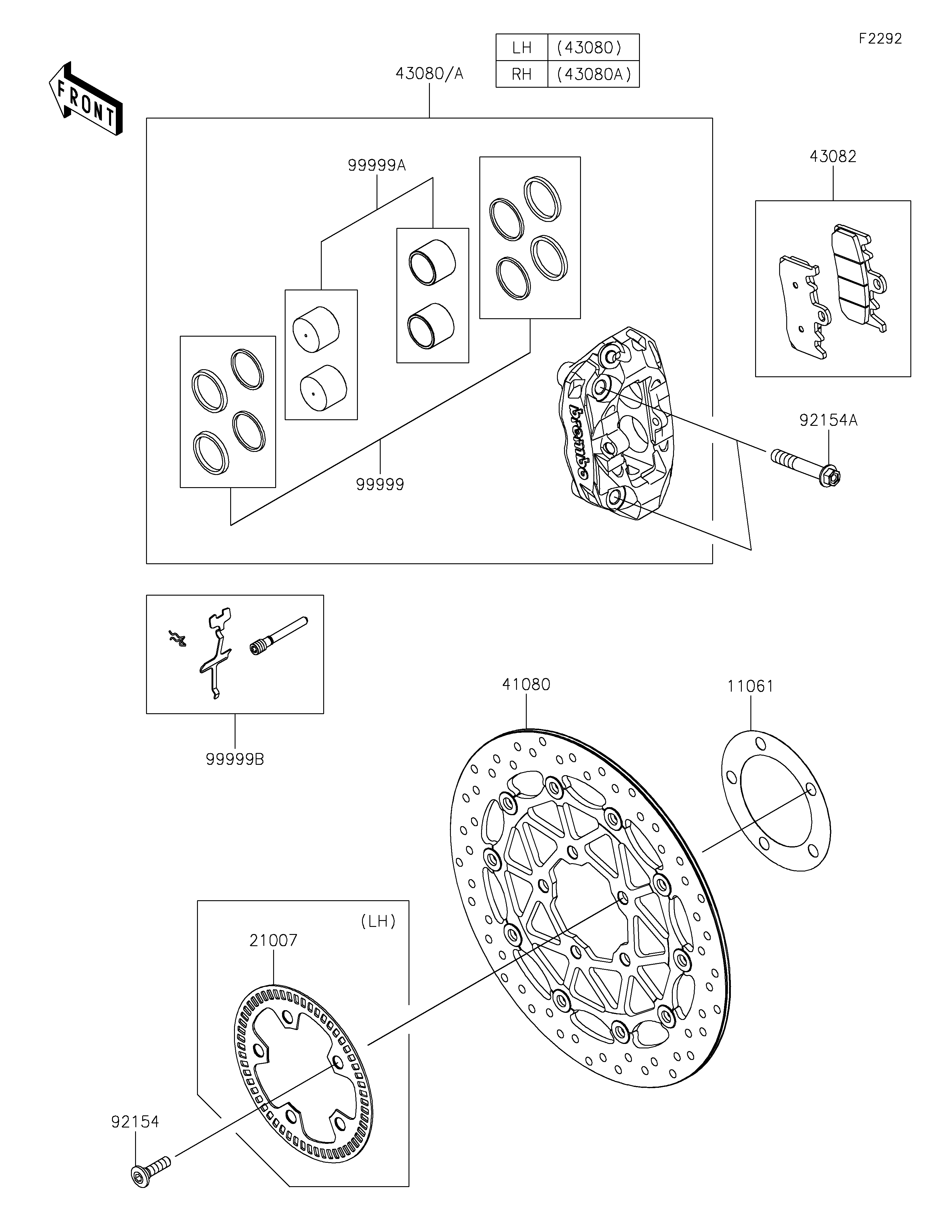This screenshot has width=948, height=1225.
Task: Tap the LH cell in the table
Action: click(x=521, y=48)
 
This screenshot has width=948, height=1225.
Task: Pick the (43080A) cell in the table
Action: click(x=593, y=74)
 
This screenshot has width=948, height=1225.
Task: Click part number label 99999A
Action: click(x=376, y=165)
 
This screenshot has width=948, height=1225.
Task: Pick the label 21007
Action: click(x=273, y=941)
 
